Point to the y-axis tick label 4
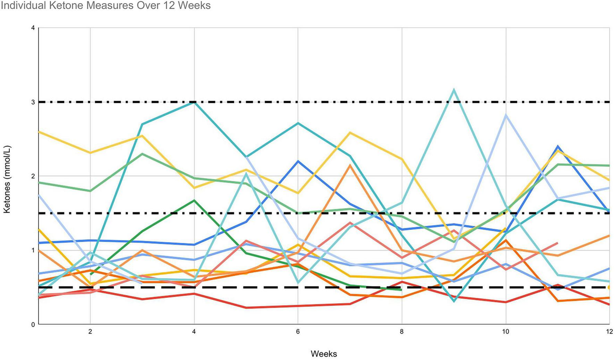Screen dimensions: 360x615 coord(33,28)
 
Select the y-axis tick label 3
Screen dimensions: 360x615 coord(33,102)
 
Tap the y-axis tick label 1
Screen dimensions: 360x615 coord(33,250)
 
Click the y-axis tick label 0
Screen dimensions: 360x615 coord(33,325)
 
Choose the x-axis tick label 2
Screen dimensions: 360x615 coord(90,332)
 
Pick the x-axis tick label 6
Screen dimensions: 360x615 coord(298,332)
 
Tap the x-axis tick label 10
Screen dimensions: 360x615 coord(505,332)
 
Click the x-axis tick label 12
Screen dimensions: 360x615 coord(609,332)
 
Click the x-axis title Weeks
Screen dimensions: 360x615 coord(323,354)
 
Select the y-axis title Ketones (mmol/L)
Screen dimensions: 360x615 coord(7,179)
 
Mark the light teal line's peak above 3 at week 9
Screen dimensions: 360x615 coord(454,90)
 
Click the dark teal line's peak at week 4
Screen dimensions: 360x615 coord(194,102)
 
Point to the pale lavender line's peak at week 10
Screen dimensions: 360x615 coord(506,115)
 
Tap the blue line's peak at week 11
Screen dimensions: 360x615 coord(558,146)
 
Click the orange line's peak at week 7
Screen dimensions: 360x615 coord(350,165)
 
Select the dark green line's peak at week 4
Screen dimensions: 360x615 coord(194,200)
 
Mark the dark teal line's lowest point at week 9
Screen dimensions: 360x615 coord(454,301)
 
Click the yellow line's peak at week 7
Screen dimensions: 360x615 coord(350,132)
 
